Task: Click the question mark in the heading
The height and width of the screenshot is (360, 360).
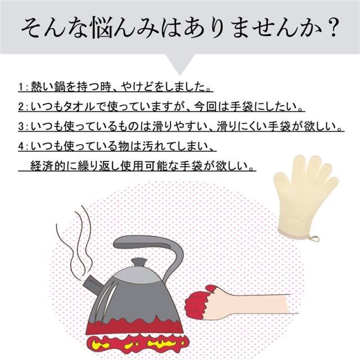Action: pos(331,28)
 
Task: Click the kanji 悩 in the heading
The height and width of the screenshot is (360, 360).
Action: pos(102,28)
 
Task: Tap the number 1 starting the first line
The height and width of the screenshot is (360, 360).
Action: pos(21,87)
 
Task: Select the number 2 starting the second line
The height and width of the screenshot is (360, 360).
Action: pos(21,106)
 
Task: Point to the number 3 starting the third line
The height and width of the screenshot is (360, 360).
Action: pos(21,126)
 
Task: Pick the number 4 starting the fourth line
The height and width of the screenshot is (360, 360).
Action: pos(21,146)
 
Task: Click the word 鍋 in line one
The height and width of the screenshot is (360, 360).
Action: pos(60,87)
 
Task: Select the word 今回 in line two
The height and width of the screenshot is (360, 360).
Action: pos(206,106)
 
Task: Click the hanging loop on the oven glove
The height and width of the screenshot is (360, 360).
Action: pos(314,238)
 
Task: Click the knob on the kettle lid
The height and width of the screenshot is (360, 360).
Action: pos(139,263)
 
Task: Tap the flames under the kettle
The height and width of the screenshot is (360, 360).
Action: pos(136,344)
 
